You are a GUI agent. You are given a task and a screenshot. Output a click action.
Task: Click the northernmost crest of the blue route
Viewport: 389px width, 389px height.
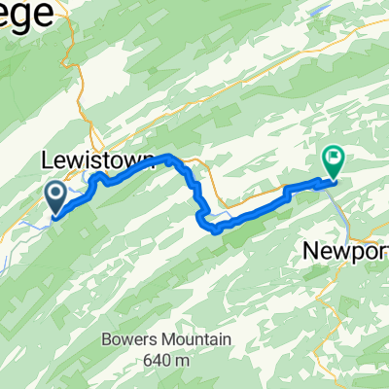point(170,157)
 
